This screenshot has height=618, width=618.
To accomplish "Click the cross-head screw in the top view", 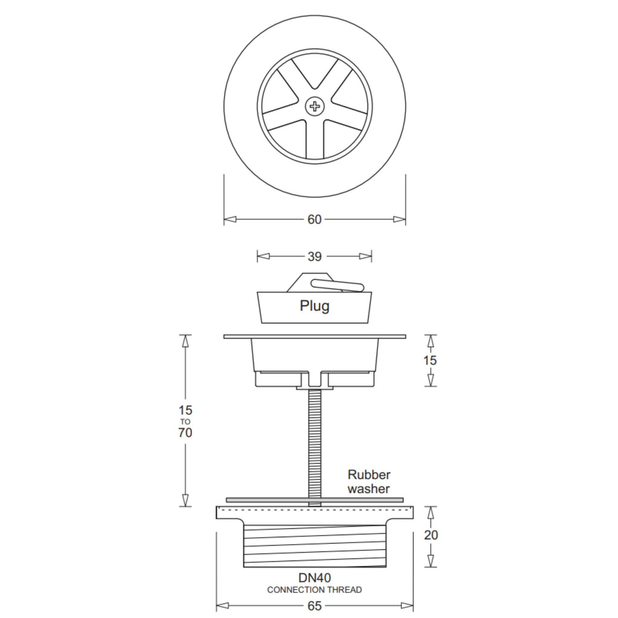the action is point(314,106).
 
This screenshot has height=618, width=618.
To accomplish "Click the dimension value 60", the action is point(314,220).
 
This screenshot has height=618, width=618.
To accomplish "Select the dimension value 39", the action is point(314,256).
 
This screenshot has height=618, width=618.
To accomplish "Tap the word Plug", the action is point(314,306).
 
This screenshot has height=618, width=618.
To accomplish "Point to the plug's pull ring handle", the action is point(337,285).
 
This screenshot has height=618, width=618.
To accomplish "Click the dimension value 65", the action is point(314,606).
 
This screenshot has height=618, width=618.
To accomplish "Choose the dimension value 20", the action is point(431,535).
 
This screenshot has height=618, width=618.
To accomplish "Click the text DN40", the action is point(314,578).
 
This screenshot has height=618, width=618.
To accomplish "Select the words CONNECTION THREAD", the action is point(314,590).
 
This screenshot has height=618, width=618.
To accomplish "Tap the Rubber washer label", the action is point(369,482).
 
